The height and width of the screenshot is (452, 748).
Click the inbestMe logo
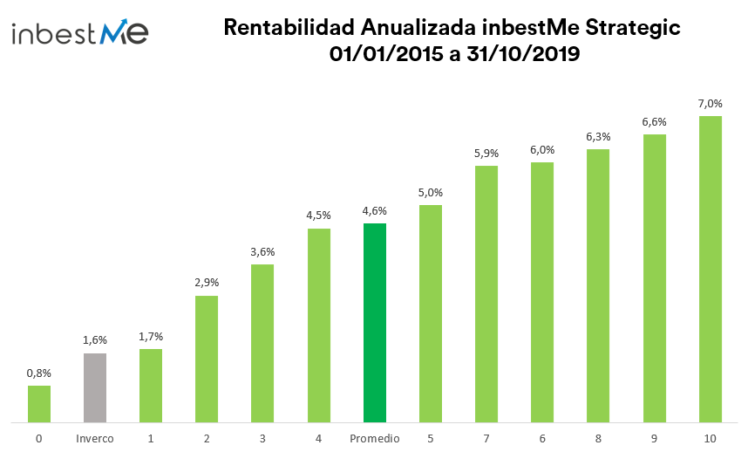[80, 33]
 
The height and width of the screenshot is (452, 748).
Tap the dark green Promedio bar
[375, 324]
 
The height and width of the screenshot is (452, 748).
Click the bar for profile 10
[711, 270]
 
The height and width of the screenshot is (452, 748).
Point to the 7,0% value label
[711, 104]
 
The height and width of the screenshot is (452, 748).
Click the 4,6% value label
[375, 210]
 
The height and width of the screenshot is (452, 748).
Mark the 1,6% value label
[95, 340]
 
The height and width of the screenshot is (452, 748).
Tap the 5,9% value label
[486, 153]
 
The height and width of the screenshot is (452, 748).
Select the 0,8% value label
[39, 373]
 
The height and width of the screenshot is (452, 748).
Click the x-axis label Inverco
[95, 438]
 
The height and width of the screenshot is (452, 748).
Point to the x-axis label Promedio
[375, 438]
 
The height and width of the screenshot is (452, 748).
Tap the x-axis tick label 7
[486, 438]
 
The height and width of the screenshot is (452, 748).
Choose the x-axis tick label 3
[262, 438]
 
